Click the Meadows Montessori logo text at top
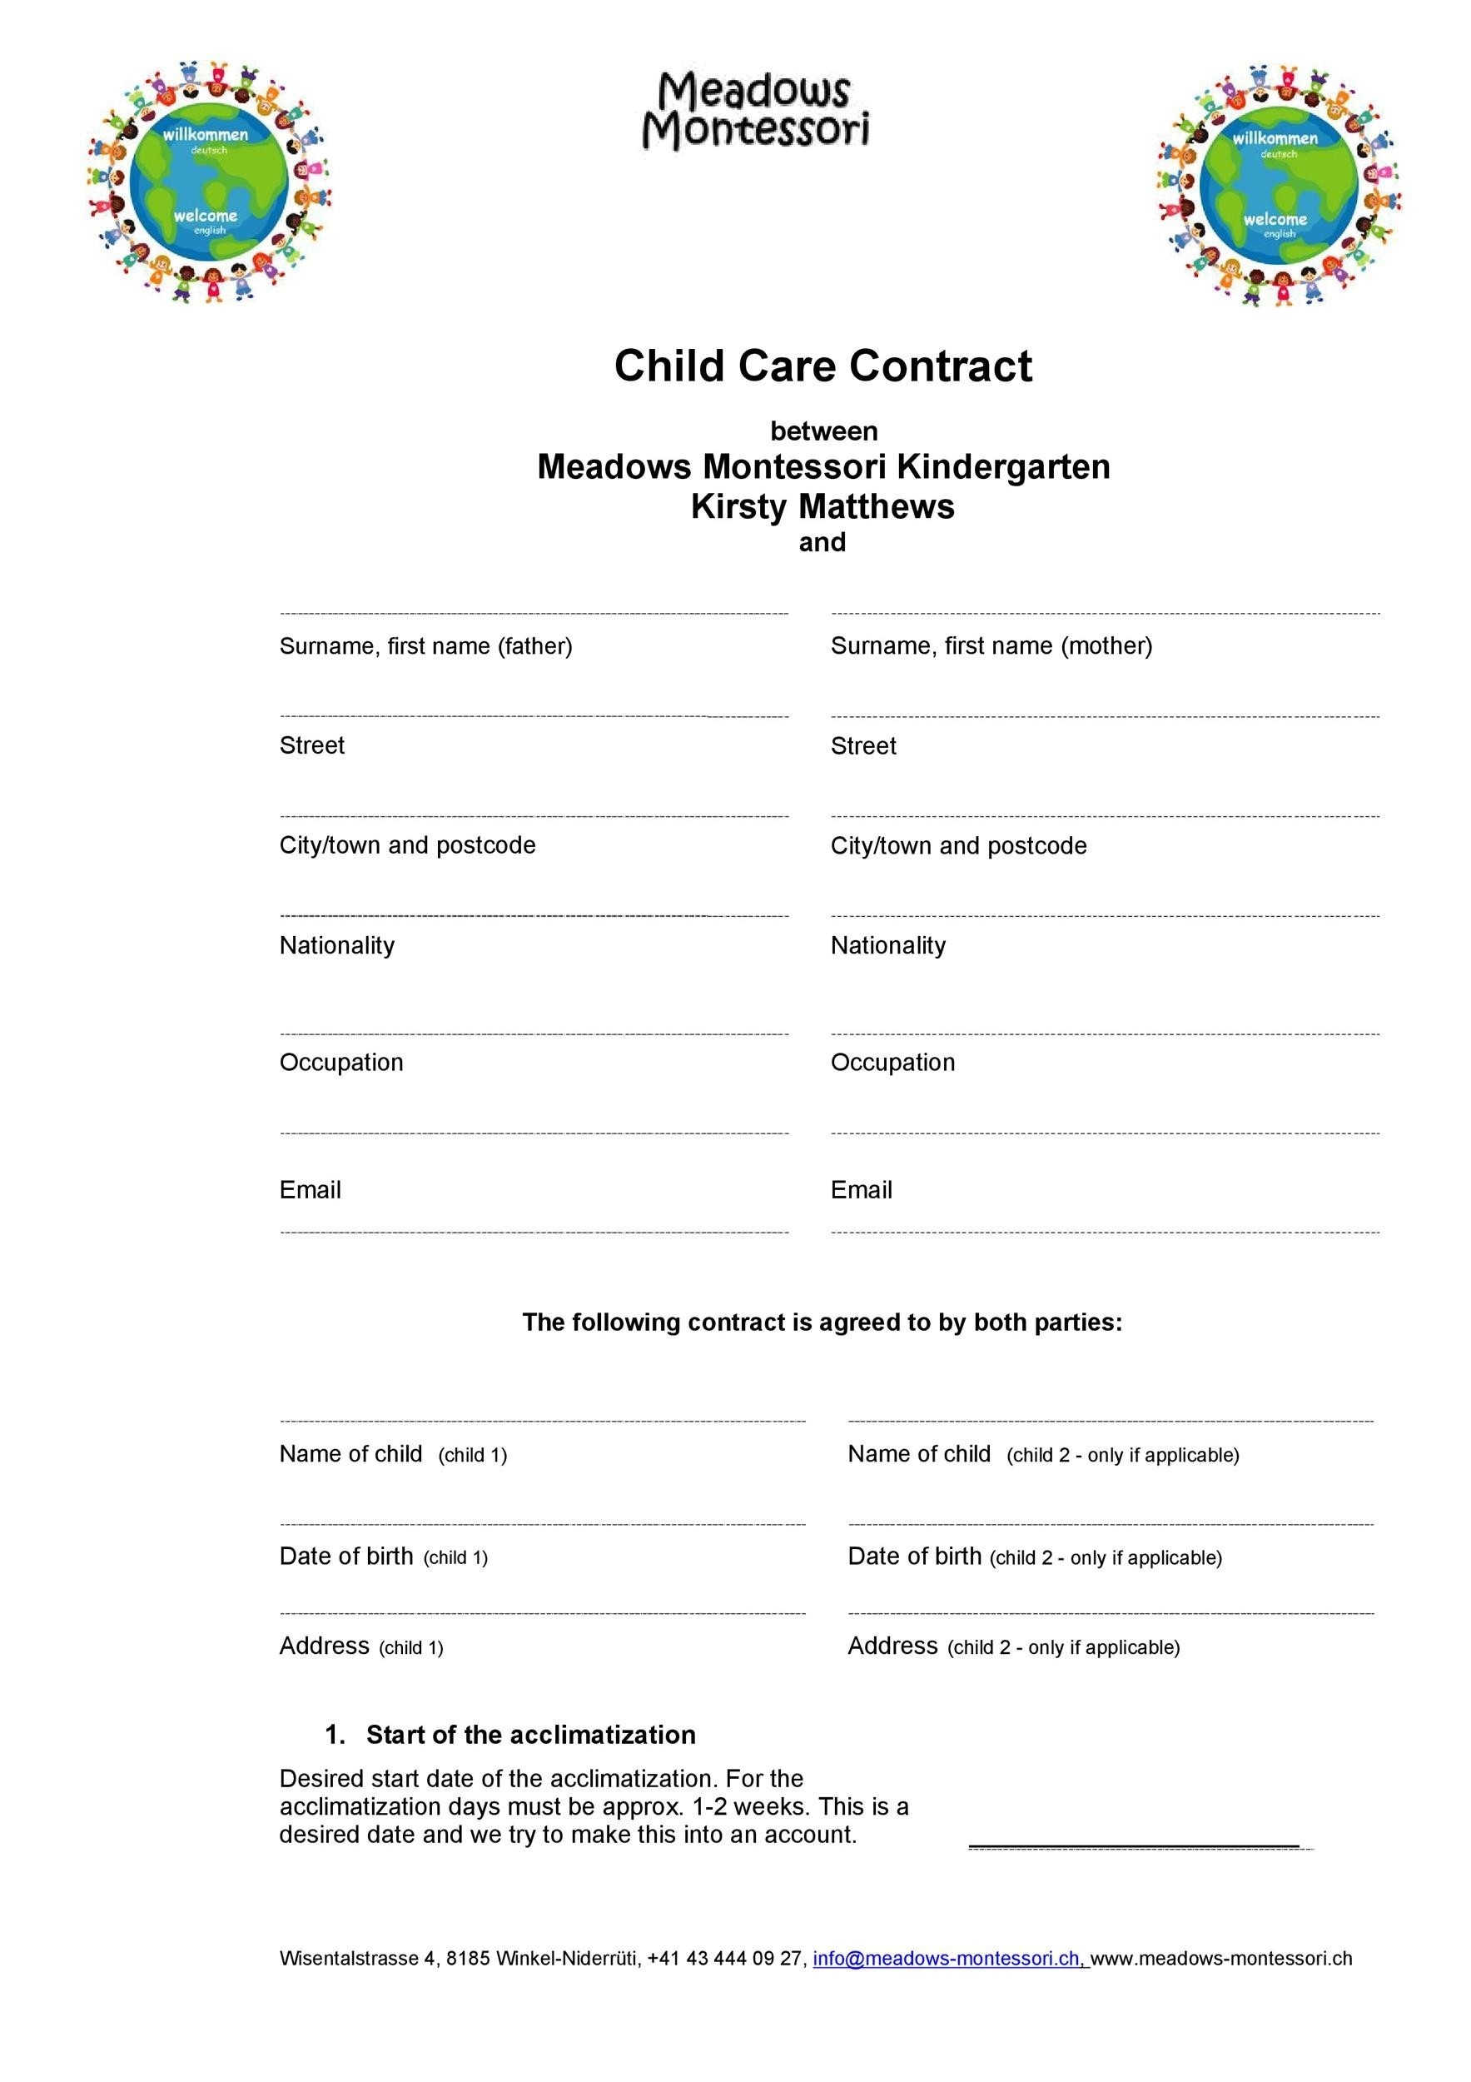coord(755,111)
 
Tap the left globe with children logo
coord(209,182)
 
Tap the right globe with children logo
coord(1278,186)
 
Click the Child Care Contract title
coord(823,366)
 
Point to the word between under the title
coord(823,431)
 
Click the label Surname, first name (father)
coord(425,645)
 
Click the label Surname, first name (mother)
coord(991,645)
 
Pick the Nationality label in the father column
coord(336,945)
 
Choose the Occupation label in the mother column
coord(892,1062)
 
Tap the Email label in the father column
coord(310,1190)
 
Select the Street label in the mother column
coord(862,745)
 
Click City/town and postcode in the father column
coord(407,845)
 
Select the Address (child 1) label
coord(360,1646)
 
